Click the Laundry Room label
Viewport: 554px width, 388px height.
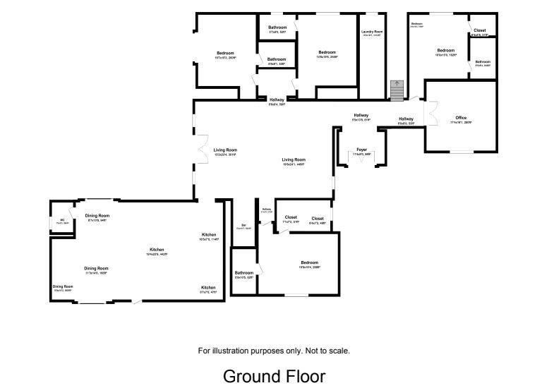(x=373, y=32)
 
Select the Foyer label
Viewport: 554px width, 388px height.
(x=361, y=150)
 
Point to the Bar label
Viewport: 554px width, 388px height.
(x=243, y=226)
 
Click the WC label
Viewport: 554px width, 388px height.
(x=62, y=221)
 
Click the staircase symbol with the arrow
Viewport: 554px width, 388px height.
(x=397, y=90)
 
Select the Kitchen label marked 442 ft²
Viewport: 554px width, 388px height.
(x=157, y=250)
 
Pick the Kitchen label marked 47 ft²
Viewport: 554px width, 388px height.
(x=208, y=288)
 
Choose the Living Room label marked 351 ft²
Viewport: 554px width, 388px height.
(x=225, y=150)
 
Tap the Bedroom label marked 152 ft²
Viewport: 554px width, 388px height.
(x=445, y=51)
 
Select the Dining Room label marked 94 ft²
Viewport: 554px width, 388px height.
(x=97, y=216)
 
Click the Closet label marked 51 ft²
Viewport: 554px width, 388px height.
(x=291, y=218)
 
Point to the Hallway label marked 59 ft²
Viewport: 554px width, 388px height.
(x=277, y=101)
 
